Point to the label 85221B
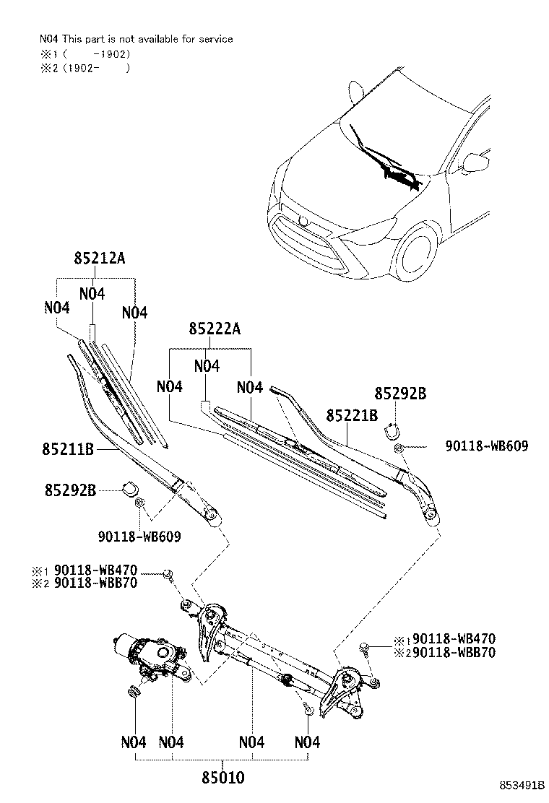coord(352,415)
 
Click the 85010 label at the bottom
coord(222,778)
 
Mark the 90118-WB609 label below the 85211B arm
coord(139,537)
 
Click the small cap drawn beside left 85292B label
coord(130,487)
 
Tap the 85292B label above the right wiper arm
coord(400,394)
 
